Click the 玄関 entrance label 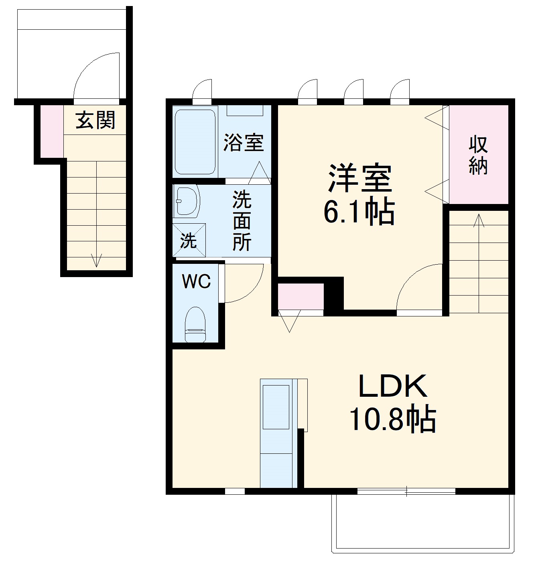pos(95,120)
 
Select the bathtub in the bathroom pos(195,141)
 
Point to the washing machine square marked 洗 pos(189,240)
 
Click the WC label pos(196,282)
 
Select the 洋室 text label pos(359,179)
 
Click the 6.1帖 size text pos(359,212)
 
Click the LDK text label pos(392,386)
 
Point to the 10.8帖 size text pos(393,419)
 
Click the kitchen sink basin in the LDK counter pos(276,407)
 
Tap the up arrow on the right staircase pos(478,220)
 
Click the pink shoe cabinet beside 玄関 pos(51,131)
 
